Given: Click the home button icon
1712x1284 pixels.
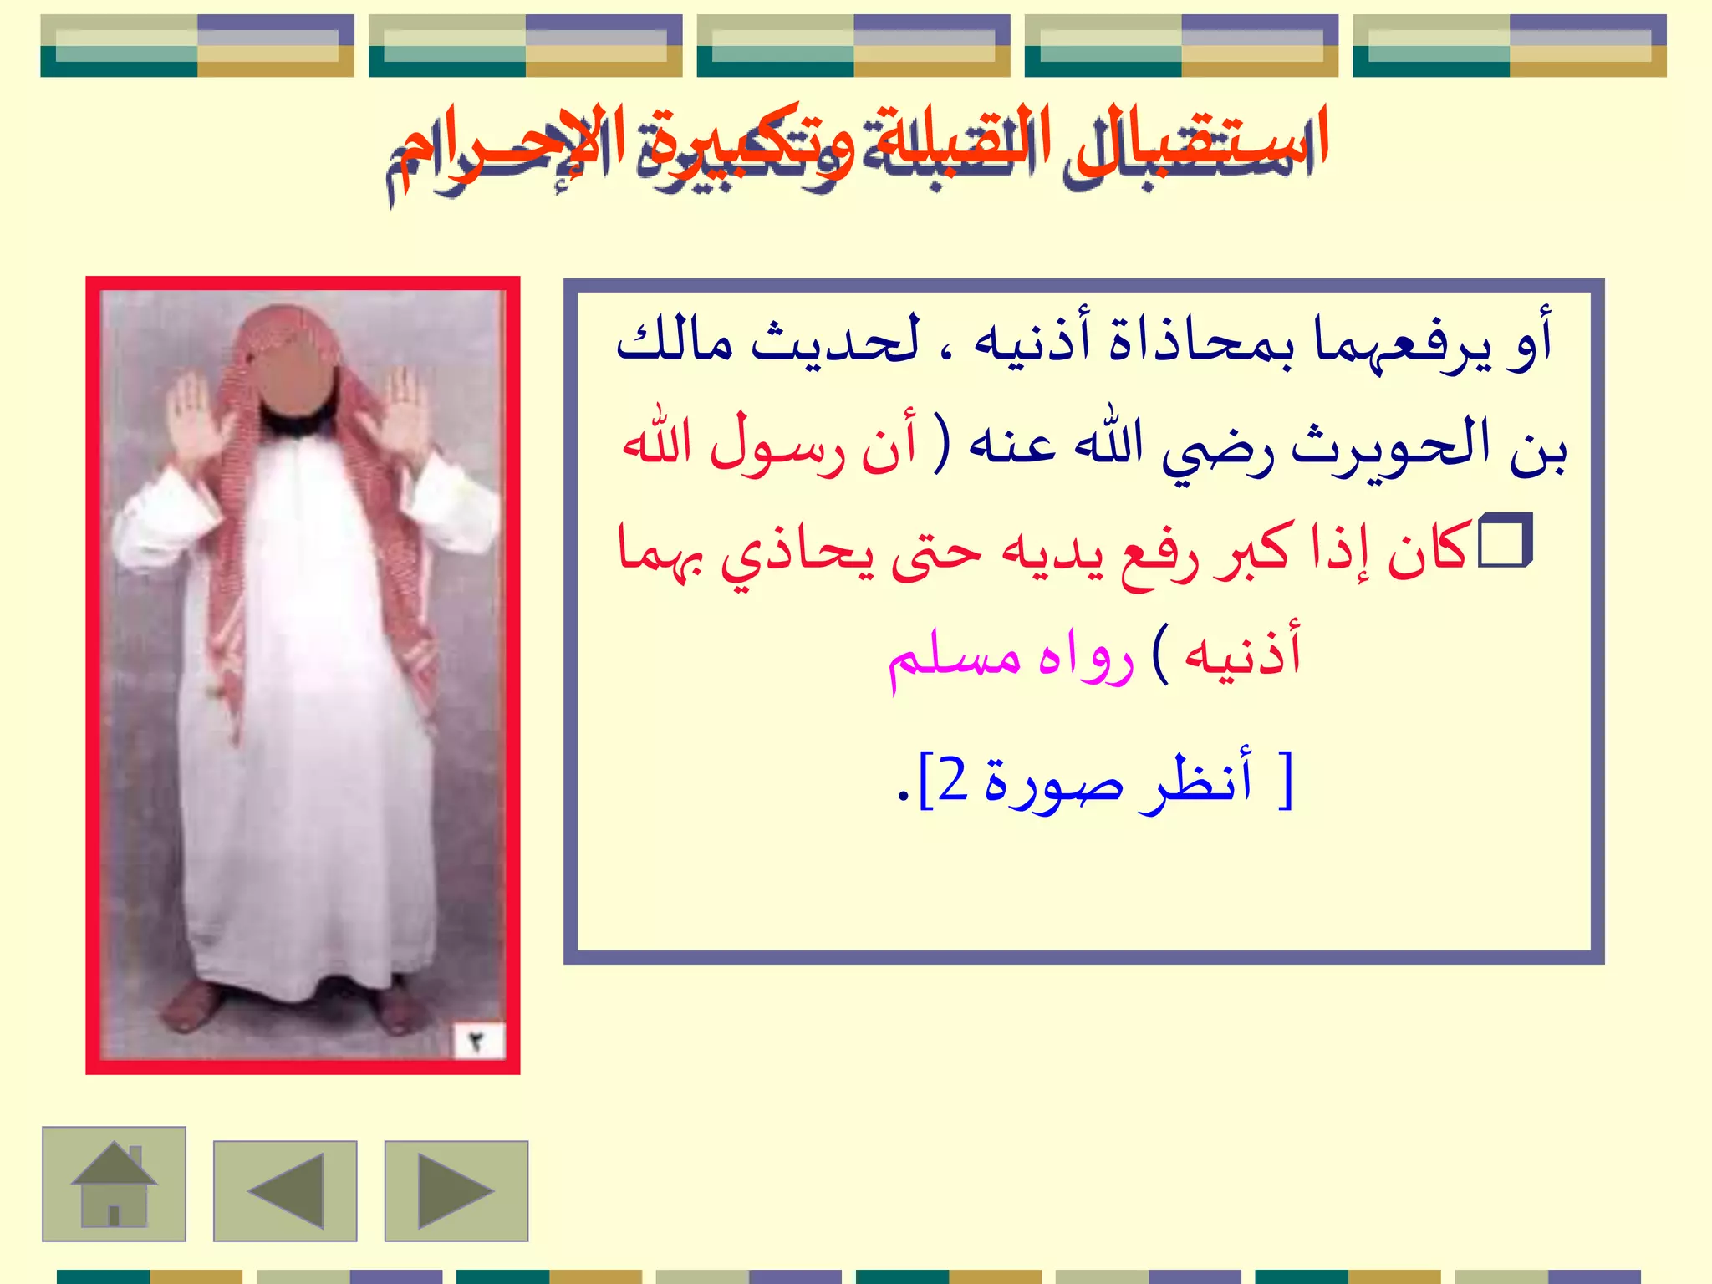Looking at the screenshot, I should point(114,1184).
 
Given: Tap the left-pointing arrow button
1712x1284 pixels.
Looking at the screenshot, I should point(285,1190).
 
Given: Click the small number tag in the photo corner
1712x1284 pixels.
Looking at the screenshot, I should point(476,1042).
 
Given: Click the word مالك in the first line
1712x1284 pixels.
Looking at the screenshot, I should point(674,343).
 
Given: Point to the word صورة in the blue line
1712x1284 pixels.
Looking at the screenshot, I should point(1053,782).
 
